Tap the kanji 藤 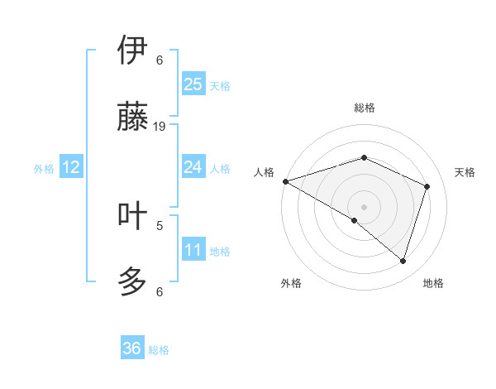click(132, 117)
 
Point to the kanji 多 click(132, 281)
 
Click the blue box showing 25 click(193, 84)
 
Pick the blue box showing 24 click(193, 167)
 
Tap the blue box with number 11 click(193, 250)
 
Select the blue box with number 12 click(71, 167)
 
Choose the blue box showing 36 click(132, 348)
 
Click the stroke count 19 click(160, 126)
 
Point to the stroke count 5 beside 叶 click(160, 224)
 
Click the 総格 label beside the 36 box click(159, 350)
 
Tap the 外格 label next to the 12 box click(44, 169)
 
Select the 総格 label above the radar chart click(364, 108)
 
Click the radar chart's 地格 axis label click(433, 283)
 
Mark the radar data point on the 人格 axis click(285, 181)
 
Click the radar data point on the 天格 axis click(427, 186)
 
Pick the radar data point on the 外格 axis click(354, 220)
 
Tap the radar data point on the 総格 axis click(364, 157)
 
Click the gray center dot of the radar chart click(364, 206)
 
